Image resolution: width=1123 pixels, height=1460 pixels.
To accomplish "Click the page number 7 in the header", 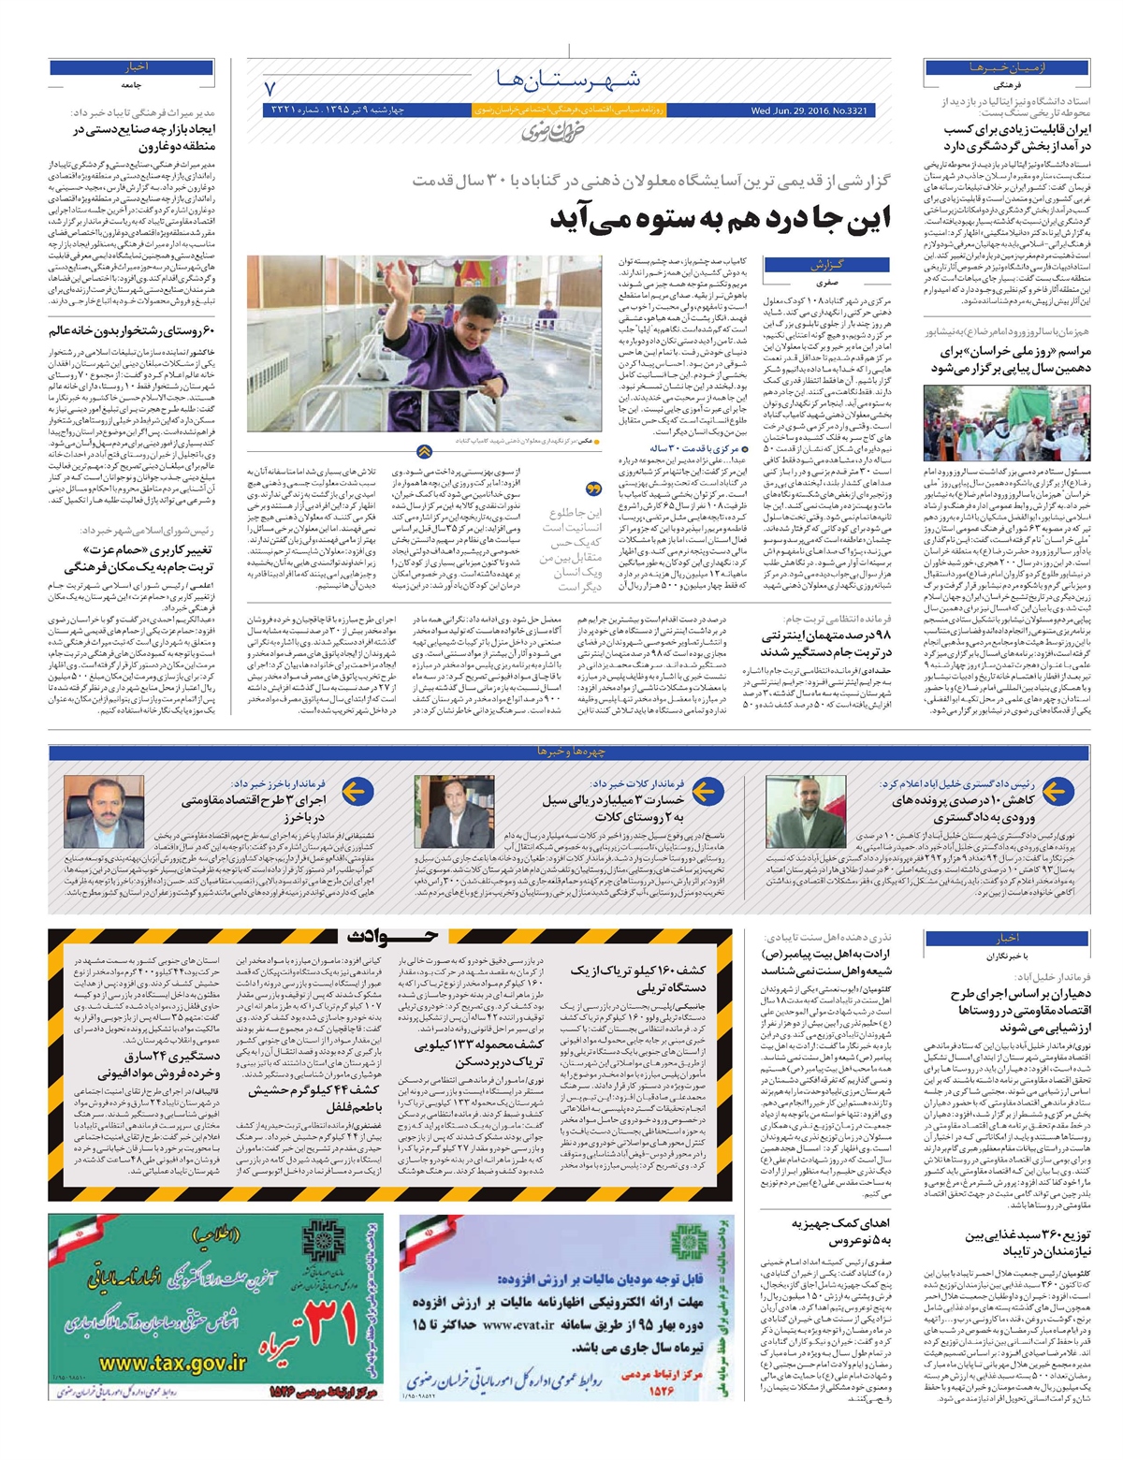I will [271, 91].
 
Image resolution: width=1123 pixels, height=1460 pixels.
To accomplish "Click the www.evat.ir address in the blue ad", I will [520, 1324].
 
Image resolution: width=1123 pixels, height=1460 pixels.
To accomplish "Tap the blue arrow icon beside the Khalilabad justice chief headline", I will [1055, 792].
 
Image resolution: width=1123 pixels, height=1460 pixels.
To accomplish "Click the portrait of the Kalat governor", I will [454, 811].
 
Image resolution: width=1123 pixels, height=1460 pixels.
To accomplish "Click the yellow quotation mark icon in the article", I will [592, 489].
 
